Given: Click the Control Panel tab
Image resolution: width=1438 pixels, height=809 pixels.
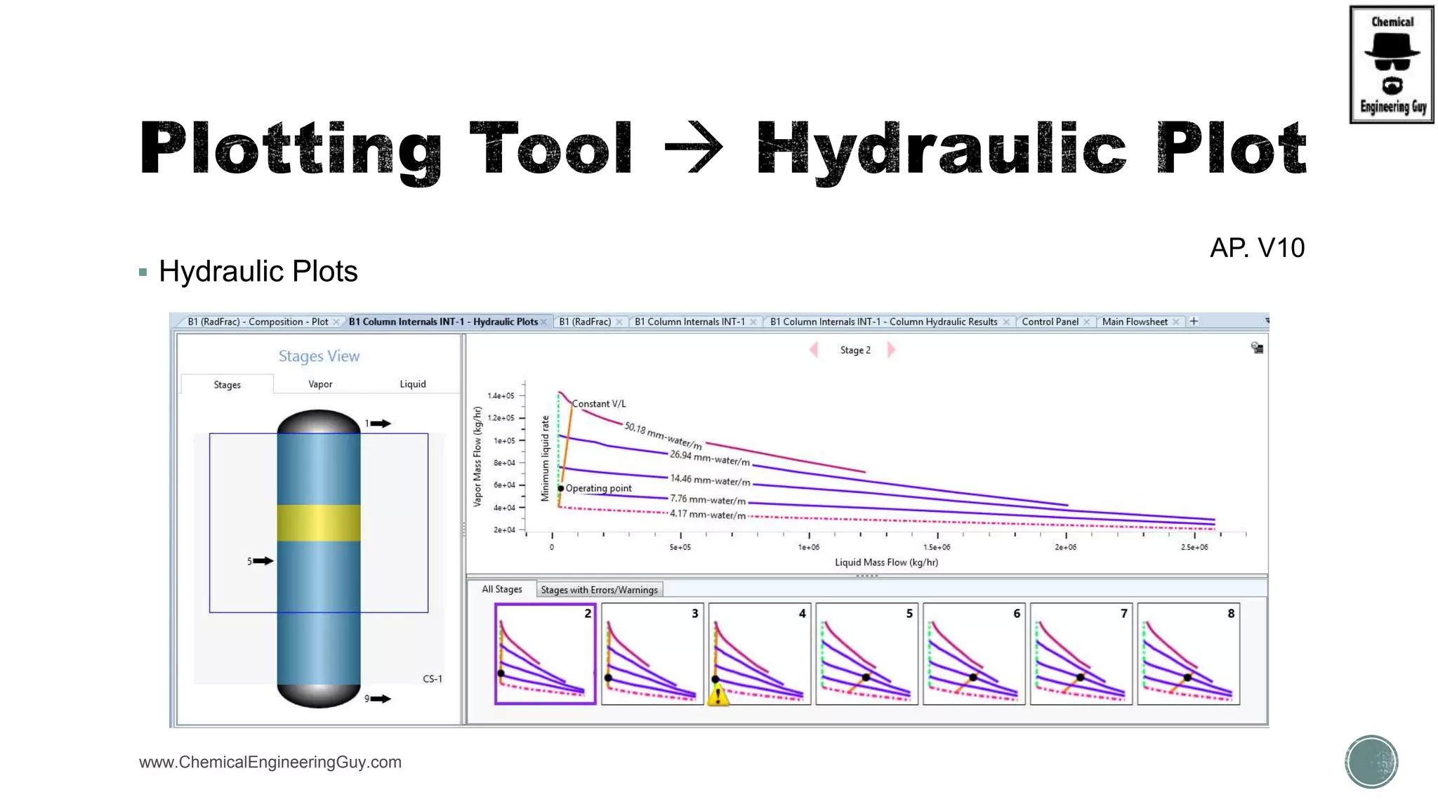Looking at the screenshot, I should [x=1050, y=322].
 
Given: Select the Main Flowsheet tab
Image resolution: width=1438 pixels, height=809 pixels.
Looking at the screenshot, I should [x=1135, y=322].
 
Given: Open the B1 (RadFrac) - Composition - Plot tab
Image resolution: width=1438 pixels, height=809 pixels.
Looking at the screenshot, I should [x=258, y=322].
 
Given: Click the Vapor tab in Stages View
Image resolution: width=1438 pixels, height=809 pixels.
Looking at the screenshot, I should [x=320, y=384].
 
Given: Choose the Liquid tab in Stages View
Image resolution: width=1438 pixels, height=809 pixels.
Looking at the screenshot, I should [x=413, y=384].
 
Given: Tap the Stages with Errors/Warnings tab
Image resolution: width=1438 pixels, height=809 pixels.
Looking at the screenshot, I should [x=599, y=590].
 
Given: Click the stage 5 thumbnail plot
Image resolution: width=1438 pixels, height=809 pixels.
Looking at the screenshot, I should [x=866, y=654].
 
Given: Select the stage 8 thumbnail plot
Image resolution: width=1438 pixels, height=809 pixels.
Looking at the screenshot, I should [x=1188, y=654].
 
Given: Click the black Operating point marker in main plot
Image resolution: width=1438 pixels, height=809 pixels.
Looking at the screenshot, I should [x=561, y=488].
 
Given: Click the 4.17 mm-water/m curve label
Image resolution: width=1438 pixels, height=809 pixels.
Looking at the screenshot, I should [x=707, y=515].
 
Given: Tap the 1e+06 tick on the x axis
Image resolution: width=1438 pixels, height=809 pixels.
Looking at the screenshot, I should [x=809, y=546].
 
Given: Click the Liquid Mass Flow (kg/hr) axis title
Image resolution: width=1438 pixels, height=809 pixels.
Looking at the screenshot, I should [x=886, y=563].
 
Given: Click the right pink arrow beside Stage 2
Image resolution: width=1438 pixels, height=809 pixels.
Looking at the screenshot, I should [x=891, y=350].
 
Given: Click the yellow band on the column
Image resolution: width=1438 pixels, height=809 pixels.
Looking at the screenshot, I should [x=319, y=522].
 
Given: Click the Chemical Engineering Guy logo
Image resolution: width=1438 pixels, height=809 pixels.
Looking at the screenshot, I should [x=1392, y=65].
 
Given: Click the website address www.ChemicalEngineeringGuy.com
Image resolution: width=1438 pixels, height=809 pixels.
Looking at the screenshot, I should [x=270, y=762].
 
